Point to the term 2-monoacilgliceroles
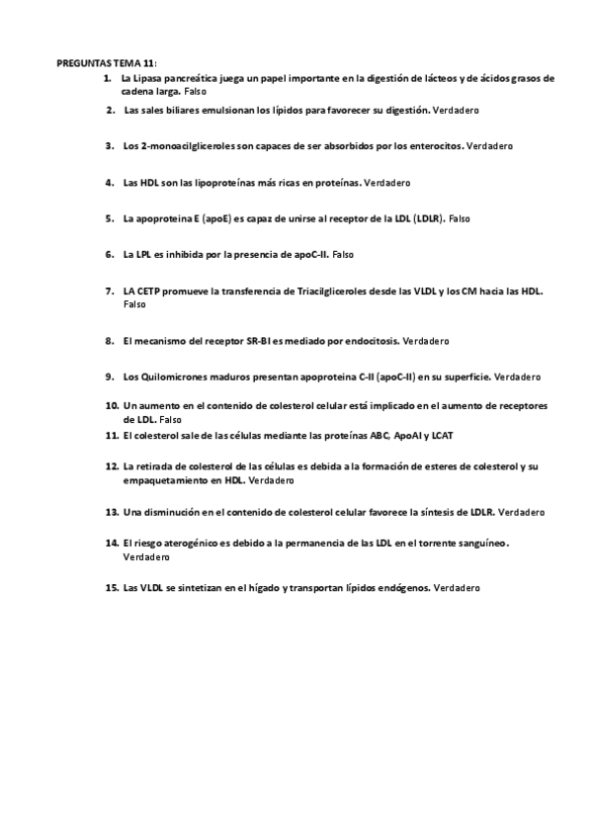pos(187,146)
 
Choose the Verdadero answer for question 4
pos(387,183)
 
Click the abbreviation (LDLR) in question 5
pos(426,218)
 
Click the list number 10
pos(112,405)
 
